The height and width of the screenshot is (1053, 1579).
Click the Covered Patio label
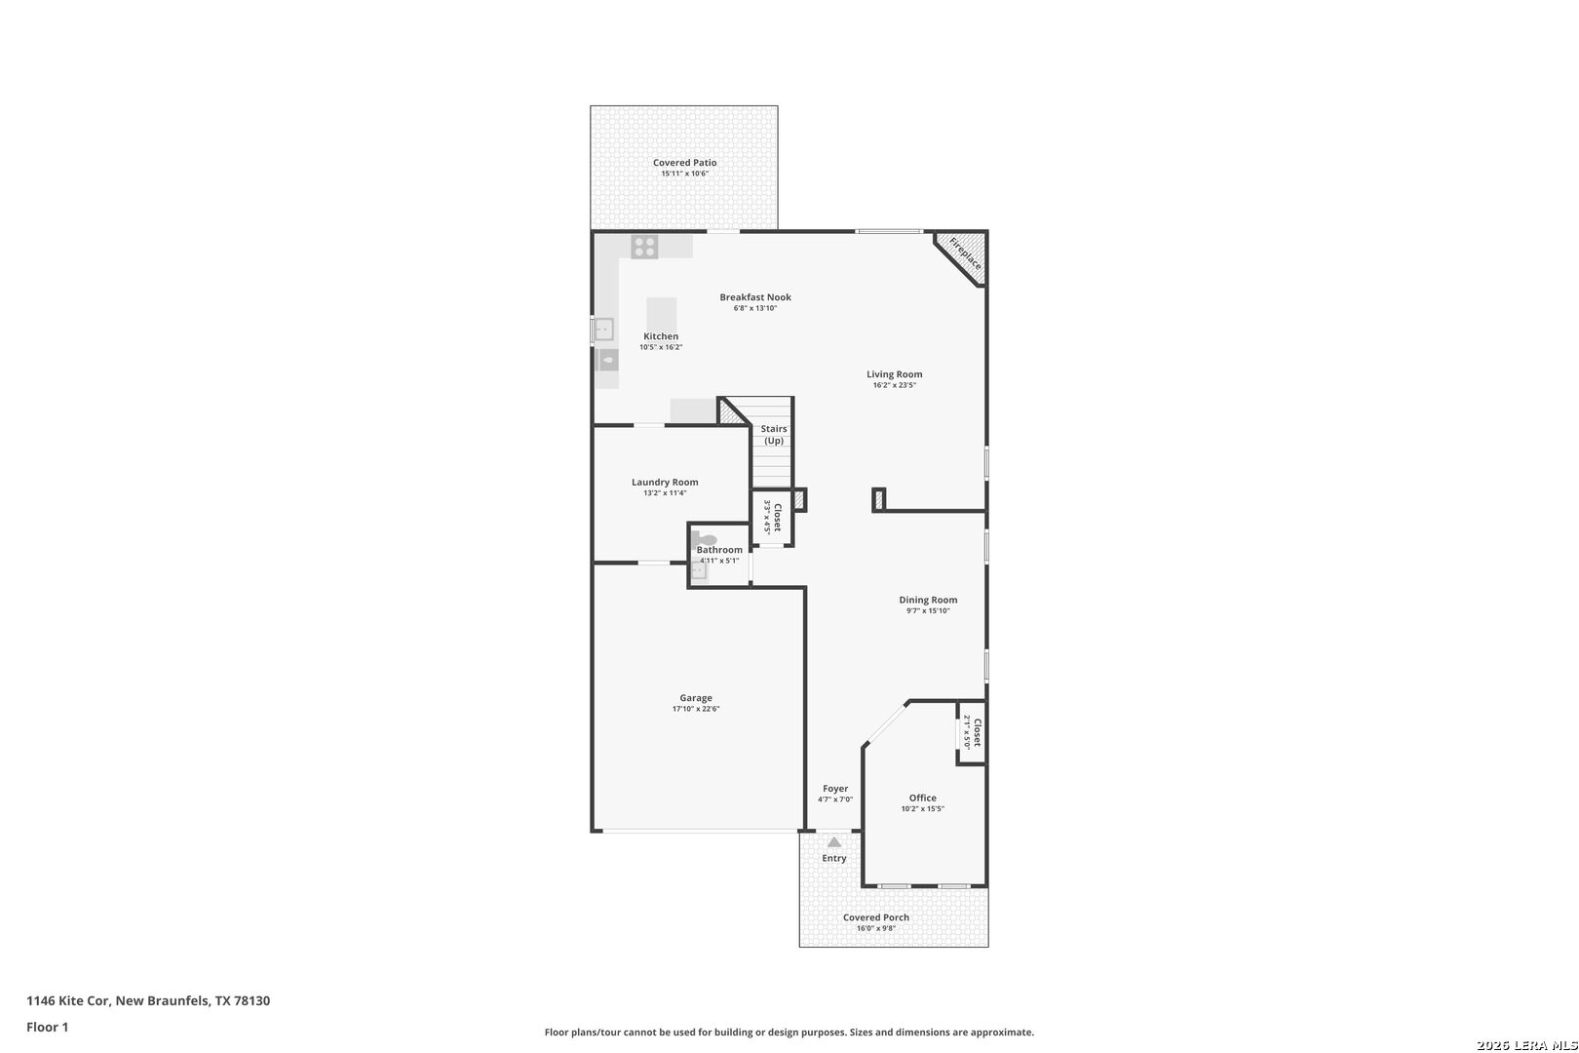[684, 163]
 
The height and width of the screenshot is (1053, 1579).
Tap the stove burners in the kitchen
[644, 247]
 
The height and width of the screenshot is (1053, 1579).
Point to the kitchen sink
[603, 330]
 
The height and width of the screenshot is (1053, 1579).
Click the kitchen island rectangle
[661, 315]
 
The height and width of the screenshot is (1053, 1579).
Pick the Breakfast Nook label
[755, 297]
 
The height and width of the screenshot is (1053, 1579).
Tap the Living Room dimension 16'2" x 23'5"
[895, 385]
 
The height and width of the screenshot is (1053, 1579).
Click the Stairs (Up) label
[774, 435]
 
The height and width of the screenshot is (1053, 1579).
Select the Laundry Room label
[665, 483]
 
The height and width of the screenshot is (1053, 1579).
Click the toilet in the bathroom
[704, 540]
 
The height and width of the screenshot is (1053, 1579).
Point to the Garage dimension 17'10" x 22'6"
[696, 709]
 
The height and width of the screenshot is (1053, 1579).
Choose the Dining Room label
[928, 601]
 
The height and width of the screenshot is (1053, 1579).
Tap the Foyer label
[835, 789]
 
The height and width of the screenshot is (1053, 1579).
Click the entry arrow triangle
[834, 842]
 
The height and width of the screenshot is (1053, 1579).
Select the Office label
[923, 798]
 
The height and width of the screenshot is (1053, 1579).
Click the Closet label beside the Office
[977, 733]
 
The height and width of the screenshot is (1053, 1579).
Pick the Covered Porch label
[876, 917]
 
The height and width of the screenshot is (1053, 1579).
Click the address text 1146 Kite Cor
[68, 1000]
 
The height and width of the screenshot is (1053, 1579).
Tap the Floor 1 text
[47, 1028]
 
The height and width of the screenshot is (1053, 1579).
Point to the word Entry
[834, 858]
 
